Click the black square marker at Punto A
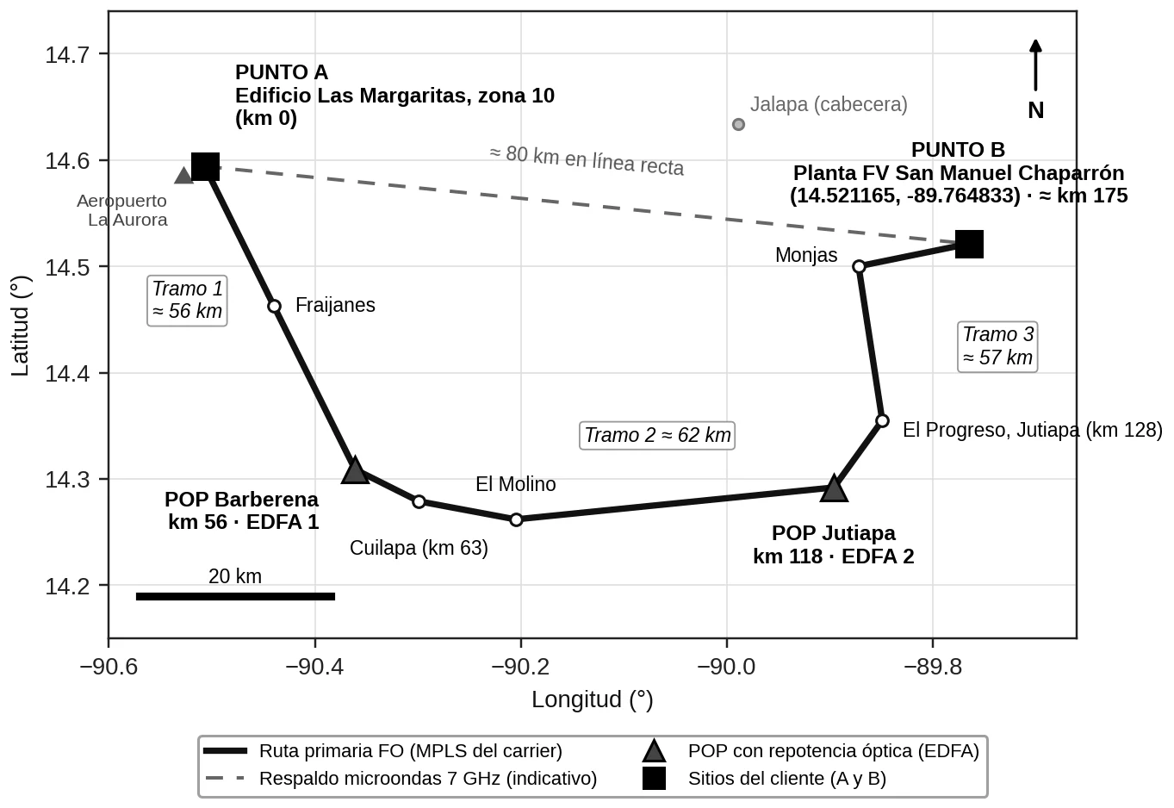tap(205, 166)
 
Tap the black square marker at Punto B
tap(969, 244)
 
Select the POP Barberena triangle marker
tap(356, 470)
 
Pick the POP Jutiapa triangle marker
tap(834, 488)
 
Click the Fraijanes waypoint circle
tap(274, 306)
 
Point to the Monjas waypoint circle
tap(859, 266)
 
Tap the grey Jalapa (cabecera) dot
tap(738, 124)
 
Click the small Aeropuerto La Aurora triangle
tap(183, 176)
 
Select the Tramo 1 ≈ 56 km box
tap(187, 301)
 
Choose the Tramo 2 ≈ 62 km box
tap(657, 435)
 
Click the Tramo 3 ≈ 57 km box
tap(997, 347)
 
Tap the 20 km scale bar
tap(235, 596)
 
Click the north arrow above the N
tap(1035, 65)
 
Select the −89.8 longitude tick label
tap(933, 667)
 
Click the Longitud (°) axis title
tap(593, 700)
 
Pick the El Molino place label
tap(516, 484)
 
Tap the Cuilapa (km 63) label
tap(419, 548)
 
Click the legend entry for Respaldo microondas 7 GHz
tap(401, 779)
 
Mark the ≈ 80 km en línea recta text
tap(587, 160)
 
